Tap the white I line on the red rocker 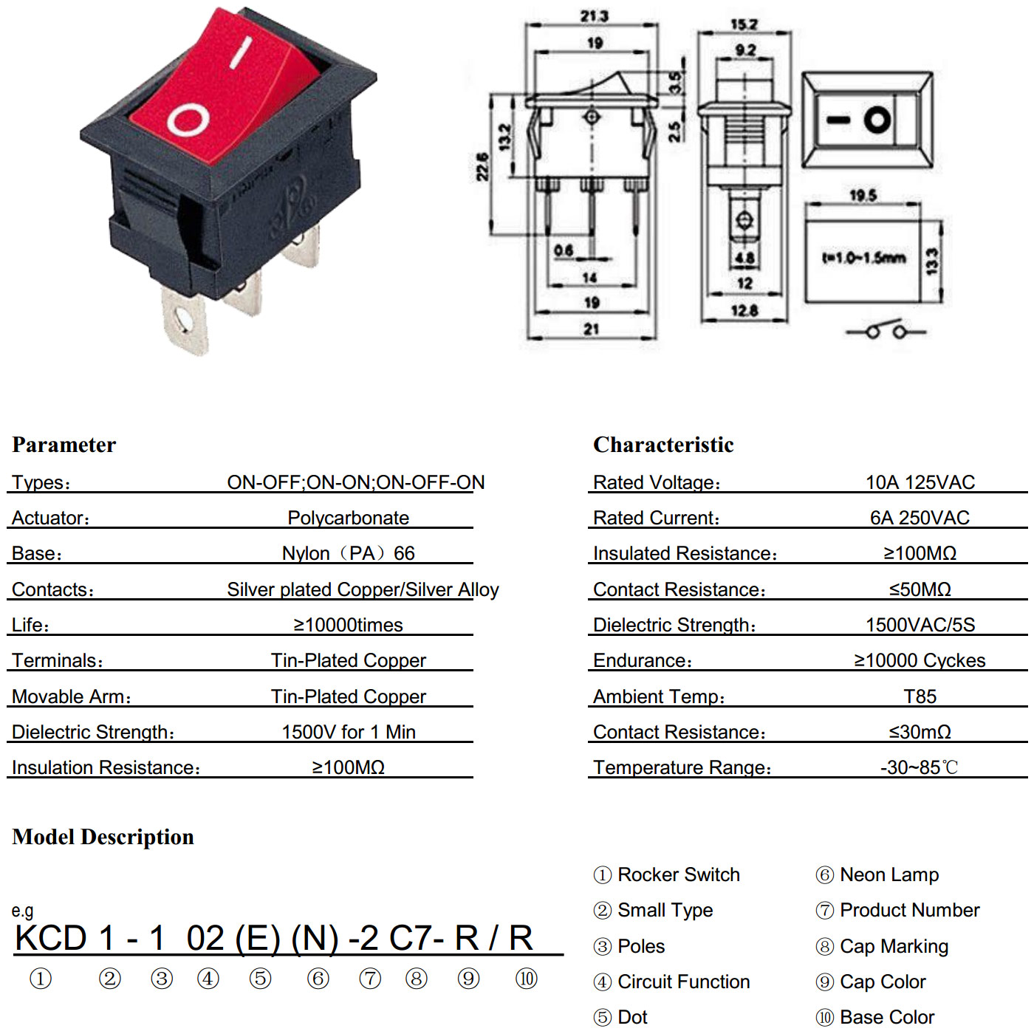point(241,52)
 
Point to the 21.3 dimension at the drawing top point(594,16)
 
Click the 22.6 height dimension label point(482,166)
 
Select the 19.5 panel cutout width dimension point(863,195)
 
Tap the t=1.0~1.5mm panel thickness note point(864,258)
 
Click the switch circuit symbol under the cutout point(886,330)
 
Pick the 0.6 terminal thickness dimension point(564,250)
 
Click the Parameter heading point(64,445)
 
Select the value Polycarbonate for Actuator point(349,518)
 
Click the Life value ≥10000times point(349,625)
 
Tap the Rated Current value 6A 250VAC point(920,518)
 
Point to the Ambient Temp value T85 point(920,696)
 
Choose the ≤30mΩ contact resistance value point(920,732)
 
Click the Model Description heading point(103,837)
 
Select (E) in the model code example point(258,938)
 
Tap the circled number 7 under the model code point(370,979)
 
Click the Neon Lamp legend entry point(877,874)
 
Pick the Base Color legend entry point(875,1017)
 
